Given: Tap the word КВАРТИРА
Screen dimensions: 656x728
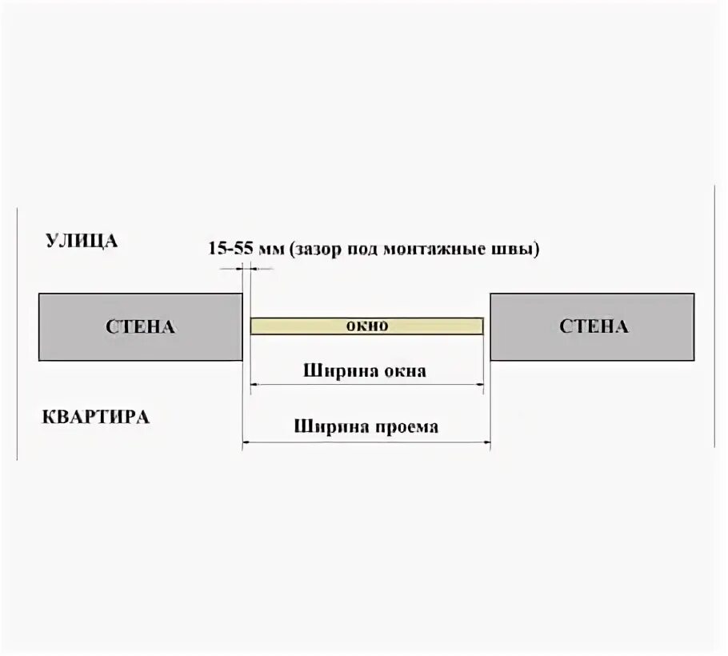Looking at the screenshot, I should point(94,417).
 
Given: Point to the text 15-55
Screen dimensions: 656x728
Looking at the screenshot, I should point(231,248).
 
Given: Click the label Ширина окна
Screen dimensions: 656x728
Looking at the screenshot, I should point(365,371).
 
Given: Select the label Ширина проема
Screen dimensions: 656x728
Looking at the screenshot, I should point(366,426).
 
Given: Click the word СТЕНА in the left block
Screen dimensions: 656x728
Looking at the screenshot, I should point(140,326).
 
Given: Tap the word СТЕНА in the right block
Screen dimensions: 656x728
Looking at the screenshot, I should point(594,326).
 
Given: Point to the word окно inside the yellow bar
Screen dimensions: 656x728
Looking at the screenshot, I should point(366,326).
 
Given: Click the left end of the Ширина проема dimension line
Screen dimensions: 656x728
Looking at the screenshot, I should point(243,441).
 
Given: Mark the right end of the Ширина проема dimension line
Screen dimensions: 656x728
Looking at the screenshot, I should point(490,441).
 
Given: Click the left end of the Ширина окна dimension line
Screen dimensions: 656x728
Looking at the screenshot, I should point(252,386).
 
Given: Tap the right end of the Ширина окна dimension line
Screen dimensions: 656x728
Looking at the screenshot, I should point(482,386).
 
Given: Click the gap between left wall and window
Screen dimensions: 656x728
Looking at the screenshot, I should point(247,326).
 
